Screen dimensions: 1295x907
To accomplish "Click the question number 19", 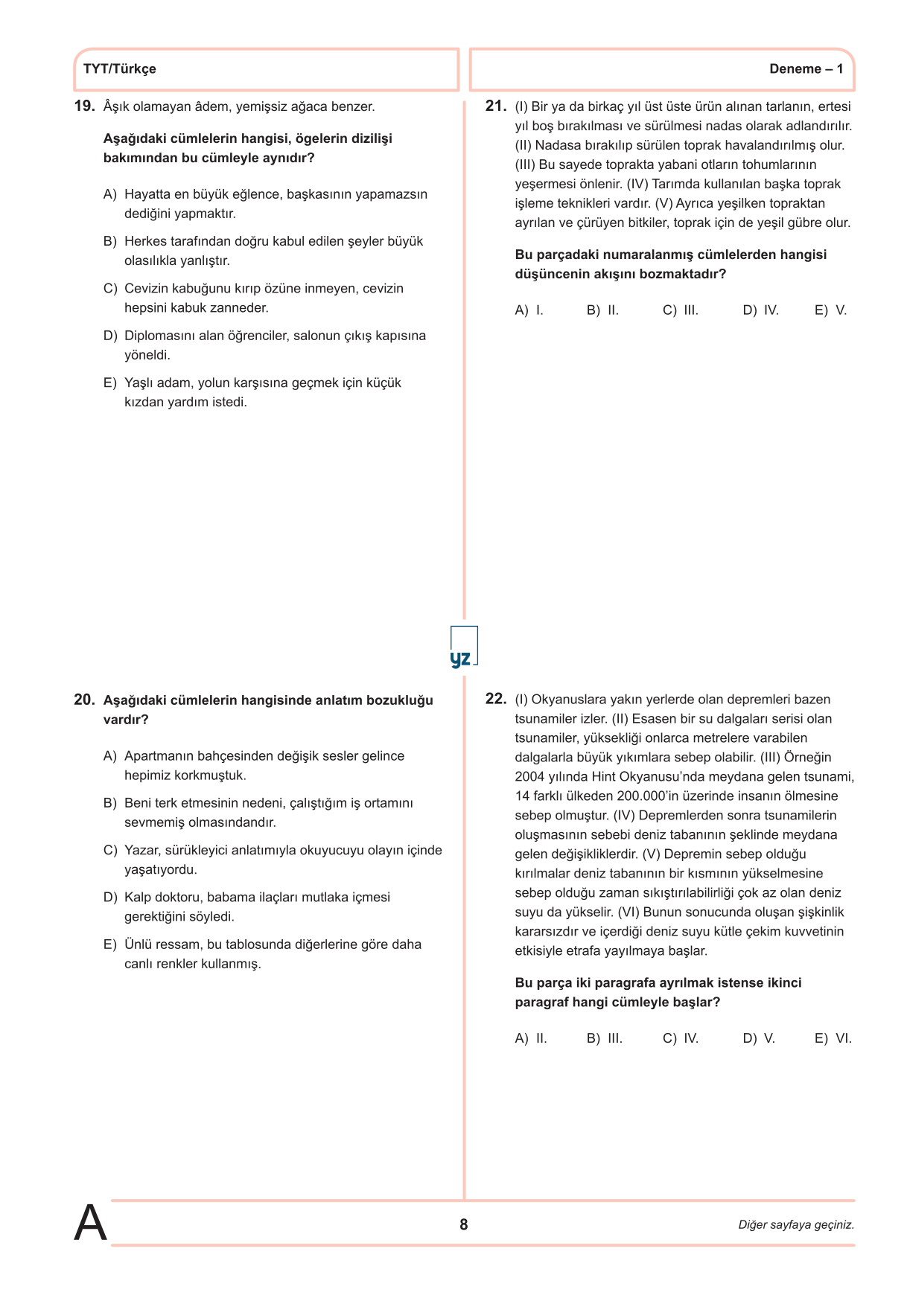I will [84, 106].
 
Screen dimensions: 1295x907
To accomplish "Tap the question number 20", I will [84, 700].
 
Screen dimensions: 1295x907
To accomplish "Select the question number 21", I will [496, 106].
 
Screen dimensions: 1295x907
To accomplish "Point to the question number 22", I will [496, 699].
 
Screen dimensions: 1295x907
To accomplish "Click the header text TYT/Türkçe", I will [120, 69].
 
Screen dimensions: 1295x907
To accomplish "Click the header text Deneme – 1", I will [806, 69].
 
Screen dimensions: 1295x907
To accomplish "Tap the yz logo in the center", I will [462, 648].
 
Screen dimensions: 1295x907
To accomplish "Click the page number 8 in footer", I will [464, 1224].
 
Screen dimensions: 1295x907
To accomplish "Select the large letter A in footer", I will [90, 1223].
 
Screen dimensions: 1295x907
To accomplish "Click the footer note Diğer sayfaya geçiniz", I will [796, 1225].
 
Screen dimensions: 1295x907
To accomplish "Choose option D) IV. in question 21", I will [760, 310].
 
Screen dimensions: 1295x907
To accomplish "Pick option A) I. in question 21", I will [529, 310].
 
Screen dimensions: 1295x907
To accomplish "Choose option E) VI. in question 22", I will [833, 1038].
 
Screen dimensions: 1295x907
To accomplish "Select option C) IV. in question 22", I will [681, 1038].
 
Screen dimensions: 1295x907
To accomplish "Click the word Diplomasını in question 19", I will [156, 336].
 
